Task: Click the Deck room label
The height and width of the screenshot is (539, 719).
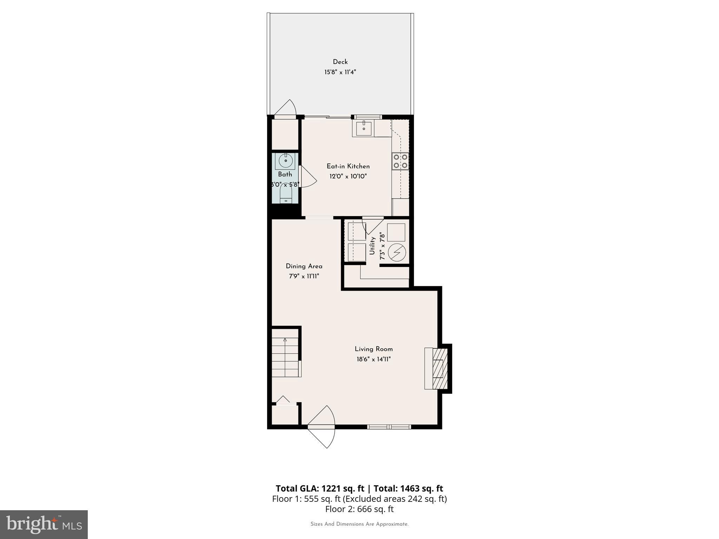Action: [x=340, y=62]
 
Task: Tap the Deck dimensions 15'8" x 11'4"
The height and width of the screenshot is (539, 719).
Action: [x=340, y=72]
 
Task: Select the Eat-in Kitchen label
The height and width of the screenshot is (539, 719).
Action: [x=348, y=166]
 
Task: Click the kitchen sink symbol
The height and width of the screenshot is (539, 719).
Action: [x=364, y=128]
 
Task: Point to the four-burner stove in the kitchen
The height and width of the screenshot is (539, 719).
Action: [x=400, y=161]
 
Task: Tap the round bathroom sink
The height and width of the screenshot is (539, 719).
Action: [x=285, y=161]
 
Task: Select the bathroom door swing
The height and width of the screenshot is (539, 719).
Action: [x=308, y=177]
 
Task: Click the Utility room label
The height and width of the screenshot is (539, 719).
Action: [x=372, y=246]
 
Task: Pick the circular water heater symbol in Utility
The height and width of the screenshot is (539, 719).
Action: [x=397, y=252]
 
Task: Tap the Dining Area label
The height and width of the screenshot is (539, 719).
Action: [x=304, y=266]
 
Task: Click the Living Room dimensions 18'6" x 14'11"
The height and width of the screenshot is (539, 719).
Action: [x=374, y=359]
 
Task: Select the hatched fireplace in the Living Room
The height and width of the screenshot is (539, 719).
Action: [x=440, y=368]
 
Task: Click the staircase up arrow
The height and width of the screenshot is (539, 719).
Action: [x=285, y=340]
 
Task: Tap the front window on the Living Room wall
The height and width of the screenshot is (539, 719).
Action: [x=389, y=427]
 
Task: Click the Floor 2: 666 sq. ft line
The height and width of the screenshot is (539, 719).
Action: [x=359, y=509]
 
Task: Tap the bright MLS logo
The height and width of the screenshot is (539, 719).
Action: [x=44, y=524]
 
